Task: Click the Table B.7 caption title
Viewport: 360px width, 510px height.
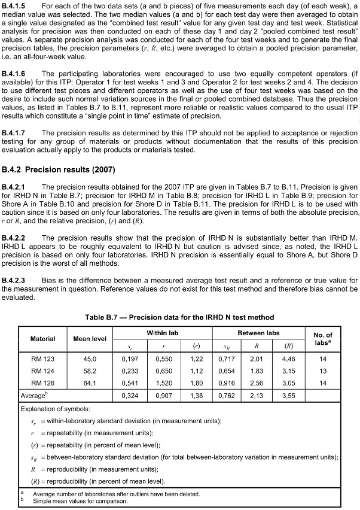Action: click(x=179, y=317)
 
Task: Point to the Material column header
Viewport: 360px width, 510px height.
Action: click(x=43, y=338)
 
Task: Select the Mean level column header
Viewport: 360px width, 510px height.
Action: click(x=90, y=338)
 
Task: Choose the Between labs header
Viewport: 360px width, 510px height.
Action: click(x=258, y=332)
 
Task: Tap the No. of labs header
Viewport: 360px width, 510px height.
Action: click(x=322, y=338)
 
